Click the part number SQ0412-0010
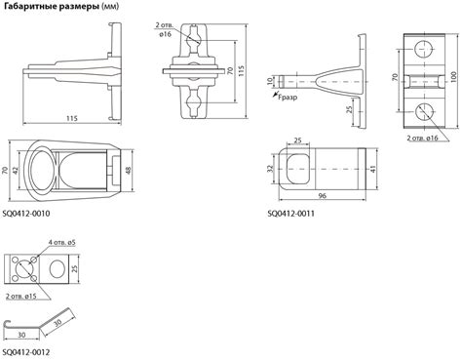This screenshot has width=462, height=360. (26, 214)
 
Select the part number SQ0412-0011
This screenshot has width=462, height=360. (291, 214)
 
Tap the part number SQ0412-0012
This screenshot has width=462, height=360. (26, 352)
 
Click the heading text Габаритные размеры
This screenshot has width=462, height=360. (52, 6)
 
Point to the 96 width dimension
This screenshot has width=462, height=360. (322, 196)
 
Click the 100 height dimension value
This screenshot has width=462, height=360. (454, 77)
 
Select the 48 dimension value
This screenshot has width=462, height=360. (129, 170)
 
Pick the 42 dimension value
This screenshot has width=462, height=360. (16, 170)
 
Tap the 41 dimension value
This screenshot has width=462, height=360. (373, 169)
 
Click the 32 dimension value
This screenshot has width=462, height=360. (271, 169)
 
